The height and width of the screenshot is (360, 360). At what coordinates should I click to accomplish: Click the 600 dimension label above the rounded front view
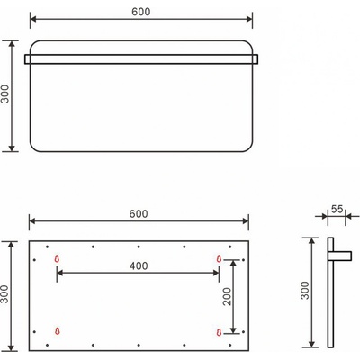(139, 12)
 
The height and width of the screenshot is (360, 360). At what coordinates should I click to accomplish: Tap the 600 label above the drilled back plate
(139, 213)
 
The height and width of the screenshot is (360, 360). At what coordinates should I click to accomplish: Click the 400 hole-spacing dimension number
(139, 267)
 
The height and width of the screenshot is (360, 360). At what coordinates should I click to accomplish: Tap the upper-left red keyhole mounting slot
(58, 260)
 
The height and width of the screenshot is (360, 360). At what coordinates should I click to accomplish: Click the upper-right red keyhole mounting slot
(219, 260)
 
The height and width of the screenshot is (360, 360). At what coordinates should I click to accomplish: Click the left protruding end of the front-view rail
(27, 59)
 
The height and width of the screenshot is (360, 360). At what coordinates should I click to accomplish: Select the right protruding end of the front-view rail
(256, 59)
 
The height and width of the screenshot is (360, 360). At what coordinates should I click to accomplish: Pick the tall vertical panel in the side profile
(329, 292)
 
